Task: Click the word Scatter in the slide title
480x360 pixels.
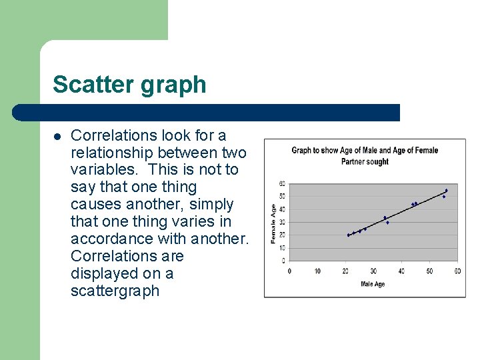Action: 86,85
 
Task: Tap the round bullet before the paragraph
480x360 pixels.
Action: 57,136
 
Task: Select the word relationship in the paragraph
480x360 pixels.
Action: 113,153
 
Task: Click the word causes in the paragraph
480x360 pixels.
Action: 94,205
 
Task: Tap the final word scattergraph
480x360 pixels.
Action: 115,291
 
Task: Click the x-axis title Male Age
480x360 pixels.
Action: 372,285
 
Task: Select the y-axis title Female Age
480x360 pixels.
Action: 273,223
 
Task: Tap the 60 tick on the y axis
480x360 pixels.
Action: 282,184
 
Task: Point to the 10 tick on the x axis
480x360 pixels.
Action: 317,271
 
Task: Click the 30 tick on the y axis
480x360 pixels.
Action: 282,223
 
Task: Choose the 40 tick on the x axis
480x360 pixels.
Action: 401,271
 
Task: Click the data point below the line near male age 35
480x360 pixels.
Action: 387,223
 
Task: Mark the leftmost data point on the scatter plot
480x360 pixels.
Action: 348,235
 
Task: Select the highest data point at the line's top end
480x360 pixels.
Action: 446,191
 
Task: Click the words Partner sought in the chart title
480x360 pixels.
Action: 365,161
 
